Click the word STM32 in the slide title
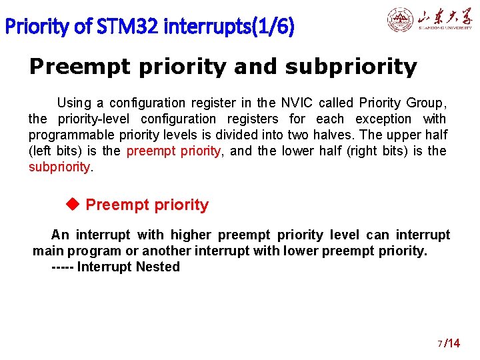tap(127, 27)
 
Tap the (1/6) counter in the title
tap(274, 27)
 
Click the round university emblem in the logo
tap(400, 20)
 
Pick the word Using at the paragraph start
tap(74, 103)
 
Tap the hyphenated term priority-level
tap(101, 119)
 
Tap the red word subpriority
tap(59, 167)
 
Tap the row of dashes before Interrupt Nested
tap(62, 267)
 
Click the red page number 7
tap(439, 344)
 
